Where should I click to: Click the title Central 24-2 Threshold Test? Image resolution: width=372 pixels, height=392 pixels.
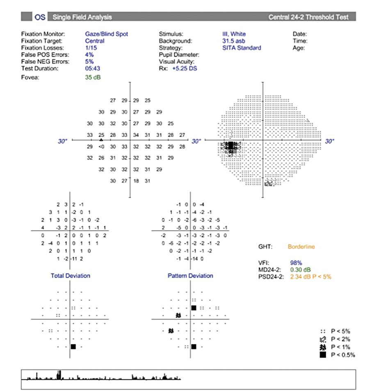(308, 17)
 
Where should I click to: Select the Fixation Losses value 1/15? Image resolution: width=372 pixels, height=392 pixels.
(91, 48)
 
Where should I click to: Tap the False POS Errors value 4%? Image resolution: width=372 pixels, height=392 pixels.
(89, 54)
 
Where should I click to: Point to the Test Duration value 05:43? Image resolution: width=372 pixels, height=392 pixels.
(92, 68)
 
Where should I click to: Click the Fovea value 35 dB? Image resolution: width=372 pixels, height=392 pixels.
(92, 77)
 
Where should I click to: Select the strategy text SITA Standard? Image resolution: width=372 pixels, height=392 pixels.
(241, 48)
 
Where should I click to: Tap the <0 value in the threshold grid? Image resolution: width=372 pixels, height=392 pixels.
(101, 146)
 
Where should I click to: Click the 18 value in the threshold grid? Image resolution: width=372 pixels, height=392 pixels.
(136, 181)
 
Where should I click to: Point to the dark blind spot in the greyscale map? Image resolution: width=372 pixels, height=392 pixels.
(231, 146)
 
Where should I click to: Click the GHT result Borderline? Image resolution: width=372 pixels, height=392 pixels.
(301, 247)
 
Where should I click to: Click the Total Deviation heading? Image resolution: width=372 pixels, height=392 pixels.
(70, 276)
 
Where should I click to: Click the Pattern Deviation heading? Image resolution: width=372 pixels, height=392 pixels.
(190, 276)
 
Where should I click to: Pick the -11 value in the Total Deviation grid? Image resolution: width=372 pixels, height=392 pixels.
(75, 258)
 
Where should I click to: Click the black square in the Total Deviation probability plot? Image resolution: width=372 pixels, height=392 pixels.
(73, 347)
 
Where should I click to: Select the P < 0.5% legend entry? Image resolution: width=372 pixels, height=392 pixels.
(342, 355)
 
